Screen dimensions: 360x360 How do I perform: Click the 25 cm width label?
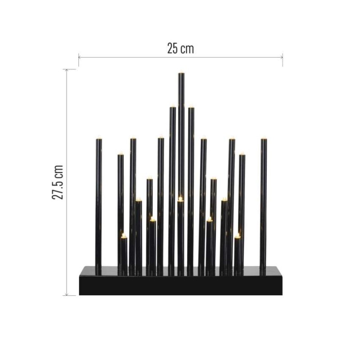180,49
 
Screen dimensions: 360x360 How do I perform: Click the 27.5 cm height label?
58,182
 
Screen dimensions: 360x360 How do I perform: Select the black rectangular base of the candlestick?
180,281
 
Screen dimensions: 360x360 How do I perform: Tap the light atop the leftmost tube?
99,136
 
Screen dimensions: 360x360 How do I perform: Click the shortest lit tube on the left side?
124,254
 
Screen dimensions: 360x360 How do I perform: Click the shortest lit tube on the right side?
237,254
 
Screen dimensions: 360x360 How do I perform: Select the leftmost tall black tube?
99,202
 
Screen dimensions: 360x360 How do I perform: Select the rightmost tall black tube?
263,202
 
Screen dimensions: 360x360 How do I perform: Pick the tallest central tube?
181,135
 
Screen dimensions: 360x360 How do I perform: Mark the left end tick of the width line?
79,57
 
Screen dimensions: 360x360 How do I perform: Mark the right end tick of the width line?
283,57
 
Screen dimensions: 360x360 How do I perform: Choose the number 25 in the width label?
173,49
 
